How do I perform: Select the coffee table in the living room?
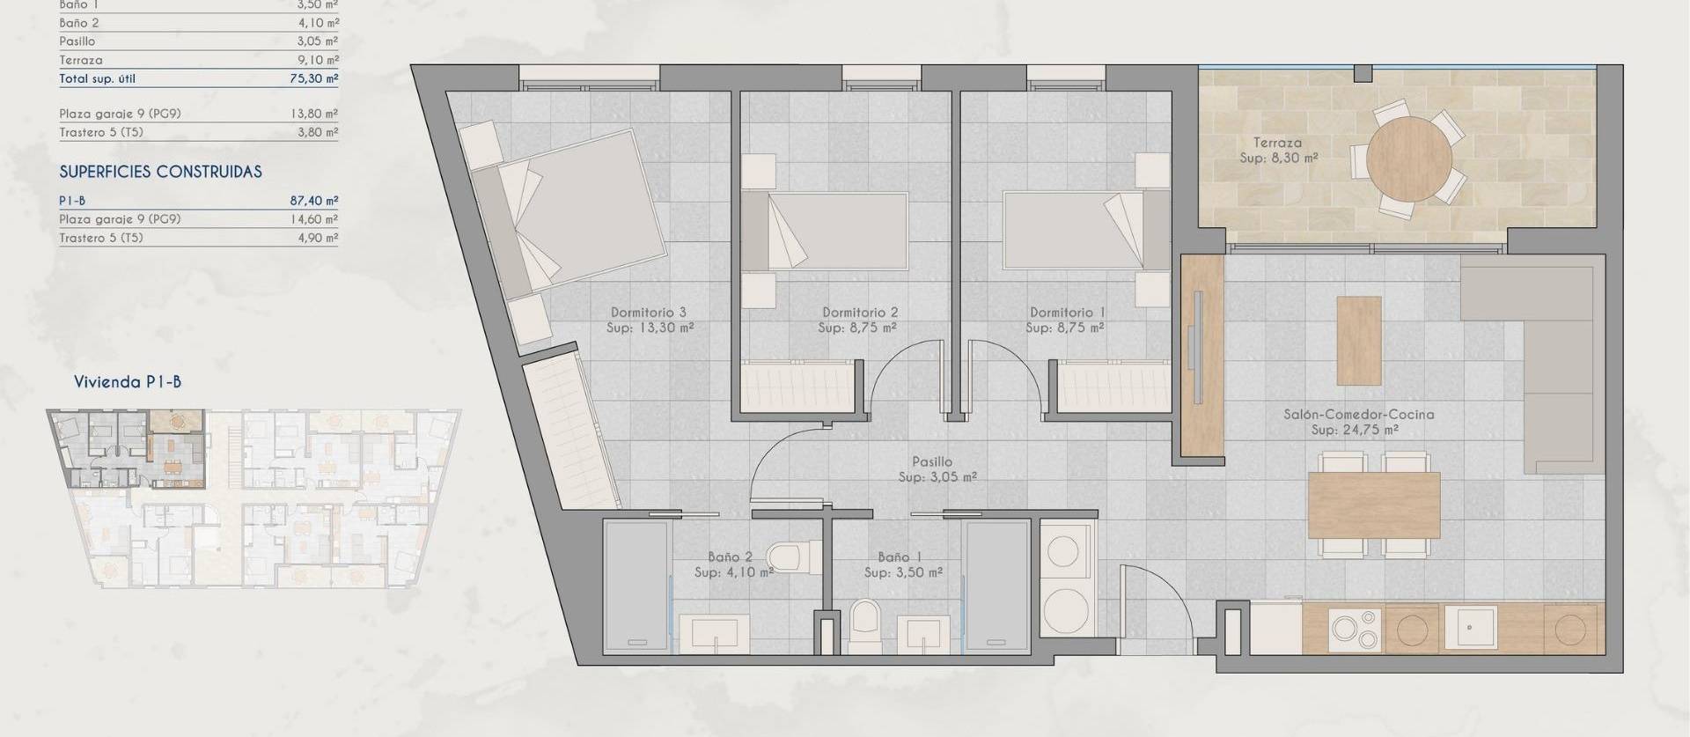click(1359, 341)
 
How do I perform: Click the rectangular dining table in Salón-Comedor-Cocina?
click(1373, 505)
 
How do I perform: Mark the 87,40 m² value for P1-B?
click(314, 201)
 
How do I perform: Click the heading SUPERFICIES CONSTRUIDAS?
click(160, 172)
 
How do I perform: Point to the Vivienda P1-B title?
click(128, 382)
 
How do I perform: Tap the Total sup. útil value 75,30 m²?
click(314, 78)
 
